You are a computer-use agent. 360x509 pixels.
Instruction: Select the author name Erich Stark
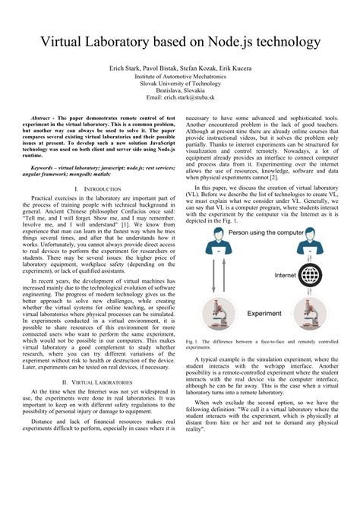click(x=127, y=68)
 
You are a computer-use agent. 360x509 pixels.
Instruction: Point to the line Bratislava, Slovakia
click(x=180, y=90)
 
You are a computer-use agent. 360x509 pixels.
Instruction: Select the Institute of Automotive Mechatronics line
click(x=180, y=76)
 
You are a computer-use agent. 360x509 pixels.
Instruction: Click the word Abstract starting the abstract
click(x=45, y=120)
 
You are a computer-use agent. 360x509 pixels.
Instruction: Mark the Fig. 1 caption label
click(x=192, y=341)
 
